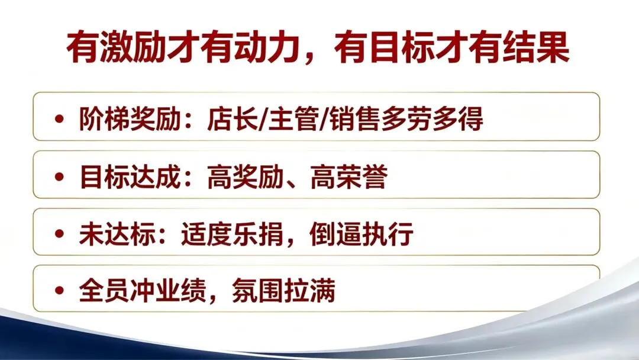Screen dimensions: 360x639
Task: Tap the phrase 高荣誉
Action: (349, 177)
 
